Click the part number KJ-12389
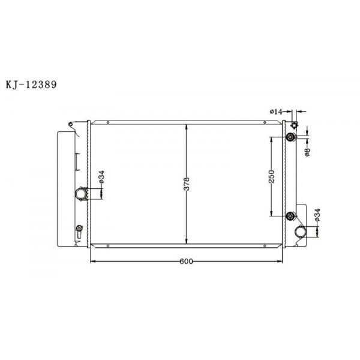coord(31,85)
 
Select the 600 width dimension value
coord(186,262)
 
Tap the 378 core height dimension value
coord(187,184)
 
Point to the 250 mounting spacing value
coord(272,176)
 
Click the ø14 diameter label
coord(276,112)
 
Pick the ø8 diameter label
coord(308,152)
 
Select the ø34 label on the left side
coord(102,177)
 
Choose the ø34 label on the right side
coord(317,215)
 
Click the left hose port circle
coord(81,193)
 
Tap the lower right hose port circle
coord(301,231)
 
